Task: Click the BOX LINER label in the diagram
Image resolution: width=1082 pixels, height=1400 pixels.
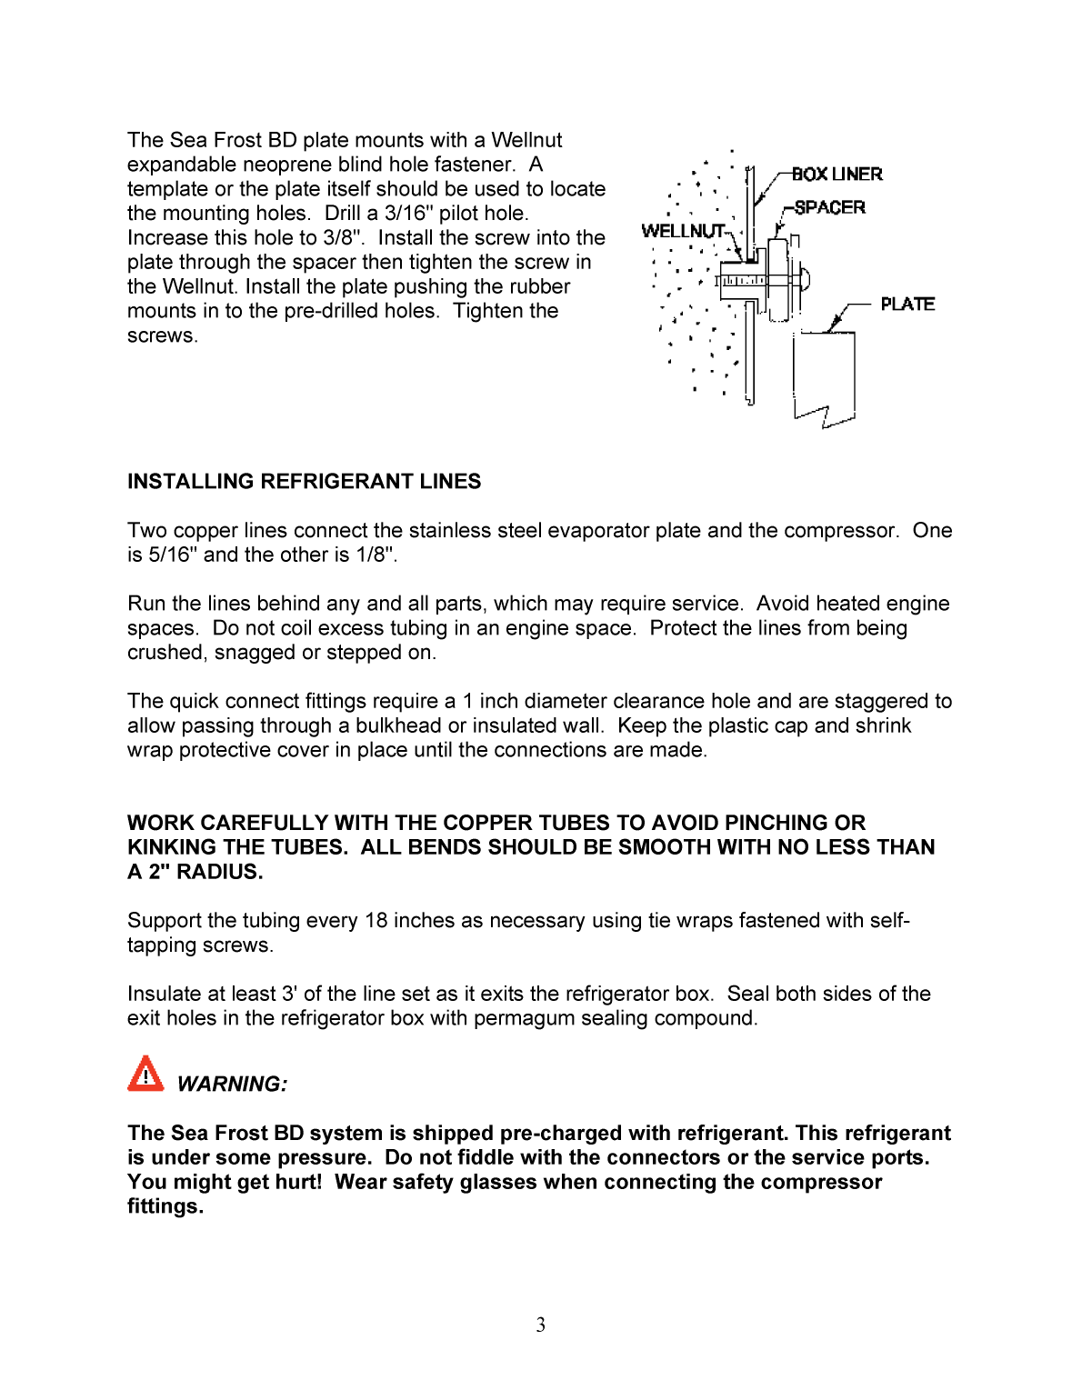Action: pos(837,174)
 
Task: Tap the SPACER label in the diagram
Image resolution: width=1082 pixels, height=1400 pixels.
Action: pos(829,207)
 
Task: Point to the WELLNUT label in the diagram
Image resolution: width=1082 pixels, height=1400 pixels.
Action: pos(682,231)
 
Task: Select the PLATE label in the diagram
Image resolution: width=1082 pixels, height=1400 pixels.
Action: pos(907,304)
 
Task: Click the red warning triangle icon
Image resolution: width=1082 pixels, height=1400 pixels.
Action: pos(145,1074)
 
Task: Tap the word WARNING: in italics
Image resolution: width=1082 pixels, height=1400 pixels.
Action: pos(232,1084)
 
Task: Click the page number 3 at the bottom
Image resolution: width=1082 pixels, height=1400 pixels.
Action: pos(540,1325)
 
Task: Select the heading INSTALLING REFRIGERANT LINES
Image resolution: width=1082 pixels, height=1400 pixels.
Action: pos(304,481)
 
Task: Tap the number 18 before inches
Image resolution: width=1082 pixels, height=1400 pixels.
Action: pos(376,920)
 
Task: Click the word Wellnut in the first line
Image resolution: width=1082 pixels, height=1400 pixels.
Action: pos(526,140)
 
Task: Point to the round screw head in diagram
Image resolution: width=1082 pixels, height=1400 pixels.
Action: pos(804,278)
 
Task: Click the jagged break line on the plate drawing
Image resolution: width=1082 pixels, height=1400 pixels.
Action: pos(825,414)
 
